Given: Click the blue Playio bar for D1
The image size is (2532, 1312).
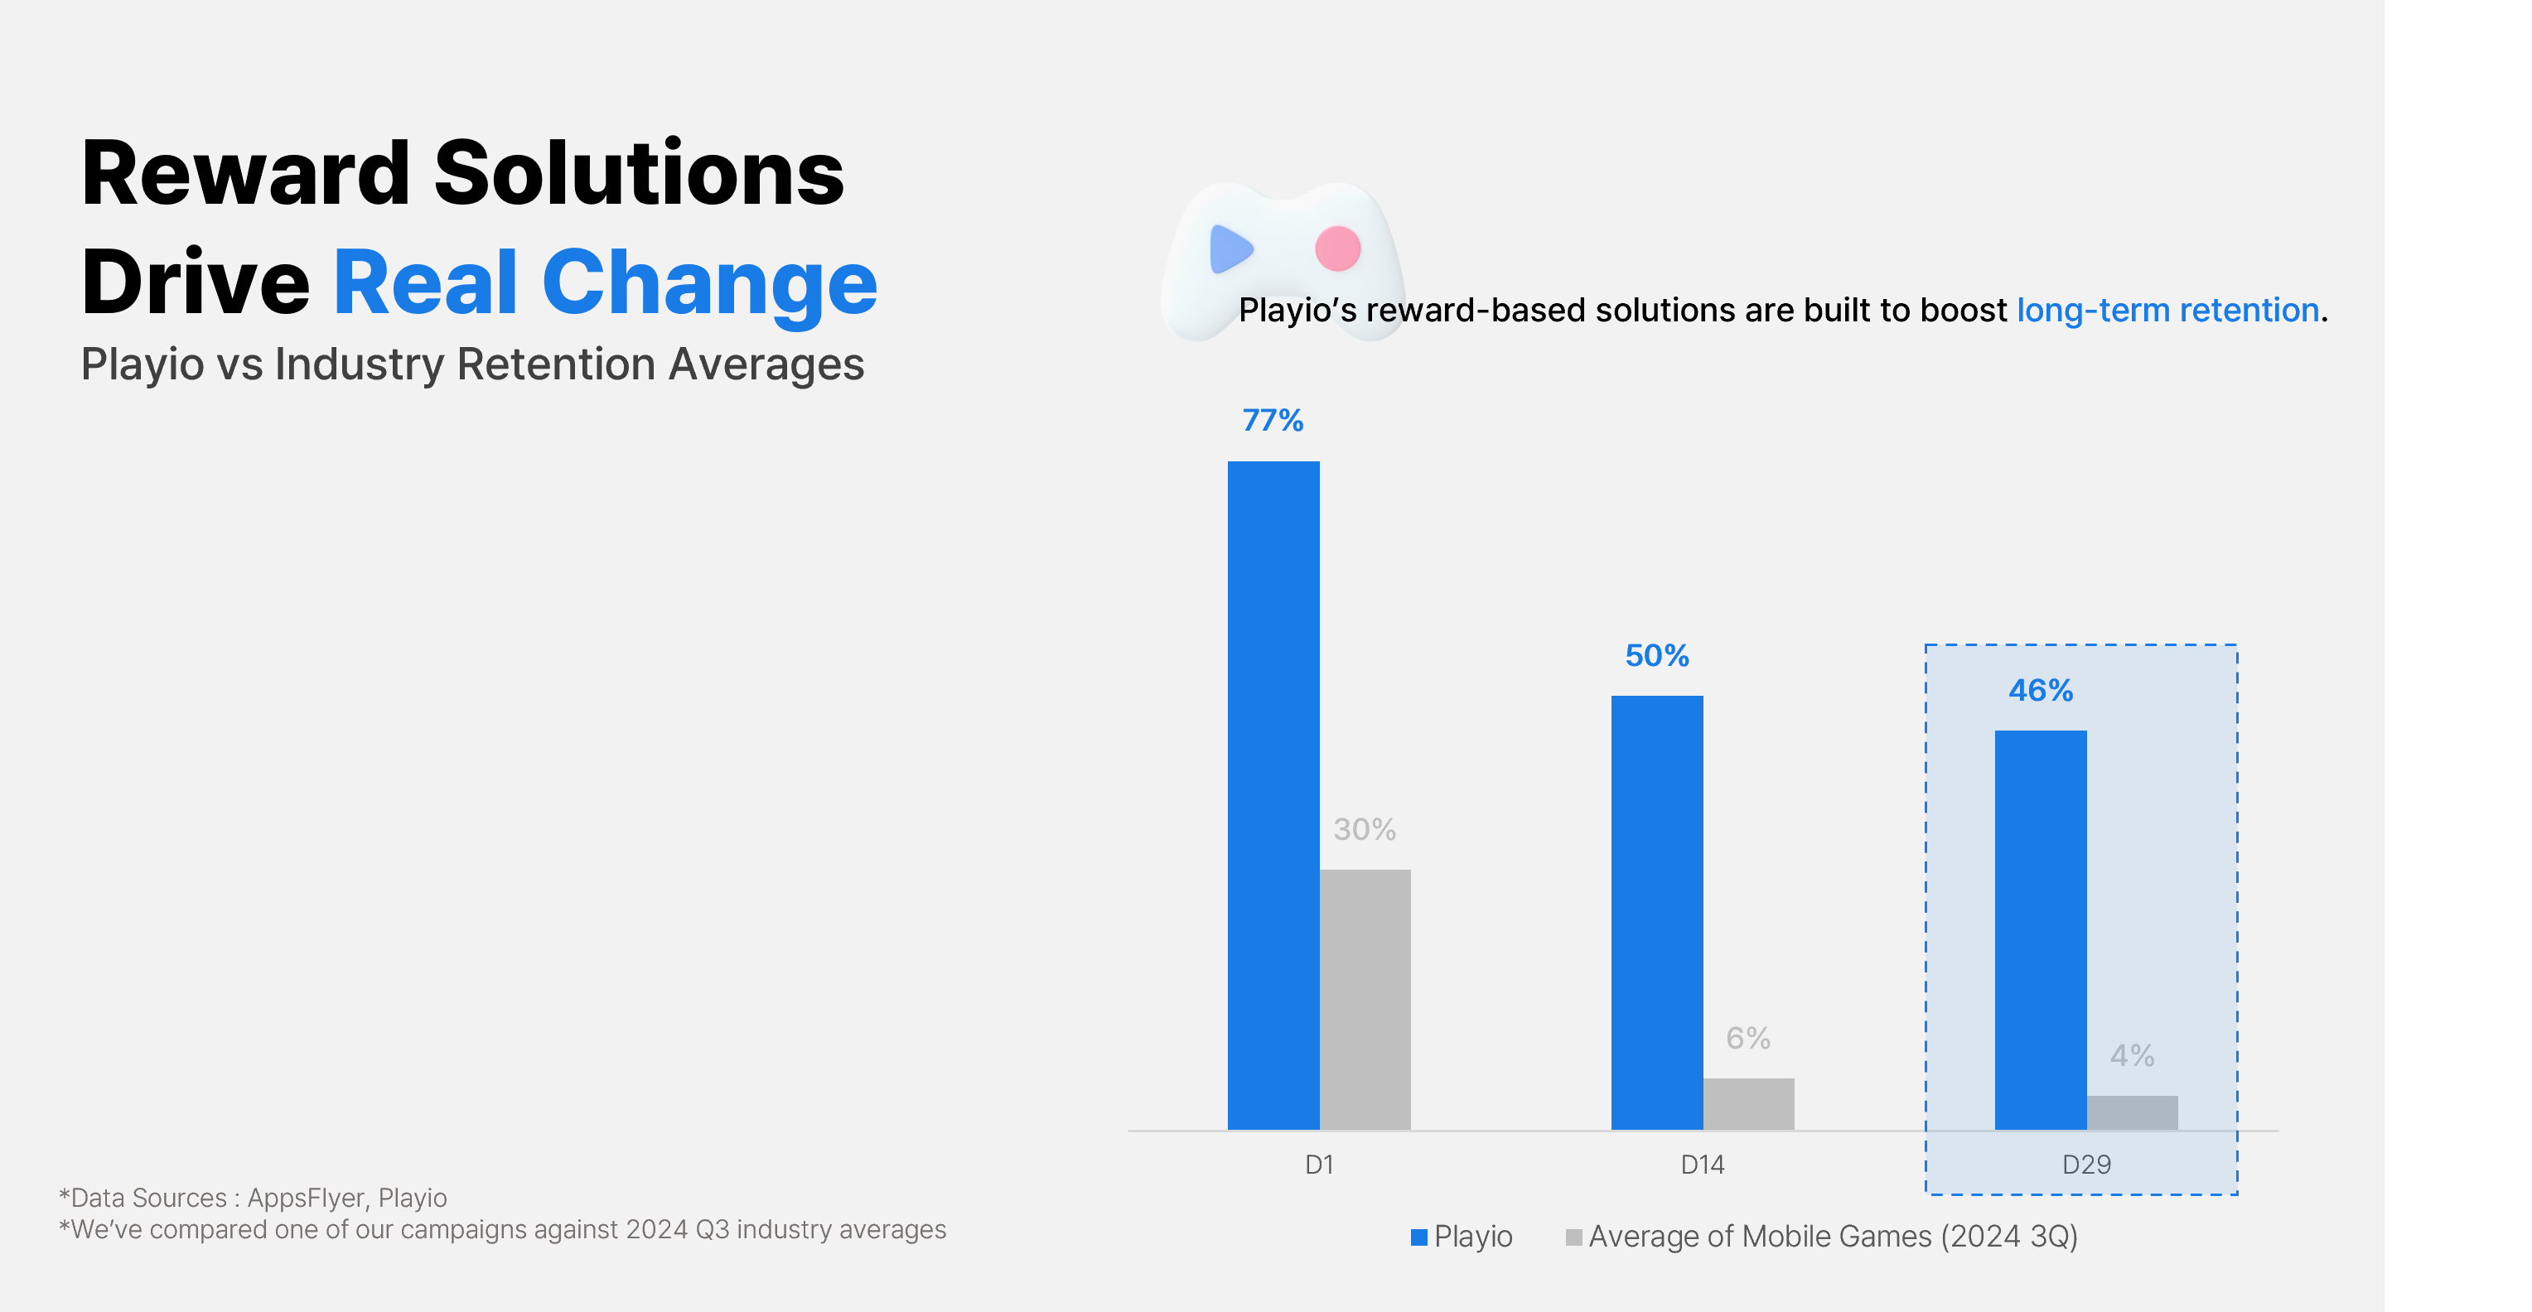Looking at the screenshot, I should tap(1273, 795).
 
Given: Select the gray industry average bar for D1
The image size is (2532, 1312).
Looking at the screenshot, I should tap(1365, 999).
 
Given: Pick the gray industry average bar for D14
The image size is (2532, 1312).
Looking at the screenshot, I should tap(1747, 1103).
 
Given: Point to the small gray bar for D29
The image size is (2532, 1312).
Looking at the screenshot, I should tap(2132, 1112).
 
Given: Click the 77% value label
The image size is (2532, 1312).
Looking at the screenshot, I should tap(1273, 421).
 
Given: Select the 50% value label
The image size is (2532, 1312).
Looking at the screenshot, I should tap(1656, 655).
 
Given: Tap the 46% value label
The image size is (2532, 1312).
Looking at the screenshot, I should tap(2041, 691).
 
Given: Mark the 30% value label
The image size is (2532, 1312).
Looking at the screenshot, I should tap(1365, 829).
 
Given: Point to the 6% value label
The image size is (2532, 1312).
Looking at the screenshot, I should tap(1747, 1038).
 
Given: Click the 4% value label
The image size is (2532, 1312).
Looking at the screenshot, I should tap(2132, 1055).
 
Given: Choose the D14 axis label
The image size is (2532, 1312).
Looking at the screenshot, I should tap(1703, 1165).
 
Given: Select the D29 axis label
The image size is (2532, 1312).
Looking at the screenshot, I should tap(2085, 1165).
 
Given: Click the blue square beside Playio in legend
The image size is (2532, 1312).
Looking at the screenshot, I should tap(1418, 1237).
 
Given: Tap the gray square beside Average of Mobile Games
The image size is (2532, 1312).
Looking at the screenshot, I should tap(1573, 1237).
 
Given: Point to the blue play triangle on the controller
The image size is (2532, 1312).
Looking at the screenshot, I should tap(1230, 248).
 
